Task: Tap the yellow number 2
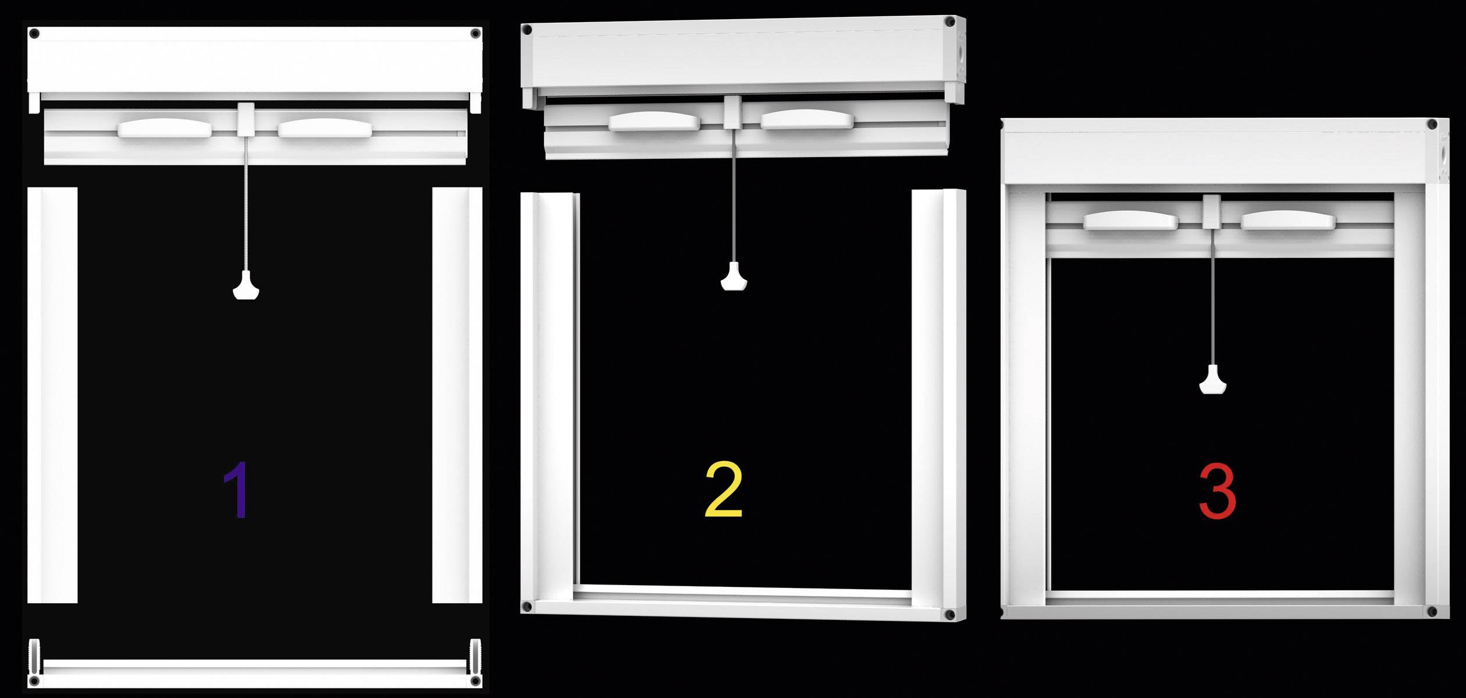[x=723, y=490]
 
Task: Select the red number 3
[x=1217, y=490]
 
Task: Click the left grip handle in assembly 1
[x=165, y=128]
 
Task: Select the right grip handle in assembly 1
[x=324, y=128]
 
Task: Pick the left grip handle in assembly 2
[x=654, y=121]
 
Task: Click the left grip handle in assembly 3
[x=1130, y=219]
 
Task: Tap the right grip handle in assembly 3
[x=1288, y=219]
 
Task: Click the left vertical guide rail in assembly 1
[x=52, y=395]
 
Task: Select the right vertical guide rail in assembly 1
[x=457, y=395]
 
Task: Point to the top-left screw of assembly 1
[x=34, y=33]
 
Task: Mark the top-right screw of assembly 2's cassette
[x=950, y=22]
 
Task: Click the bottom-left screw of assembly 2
[x=526, y=606]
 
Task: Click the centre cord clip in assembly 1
[x=246, y=119]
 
